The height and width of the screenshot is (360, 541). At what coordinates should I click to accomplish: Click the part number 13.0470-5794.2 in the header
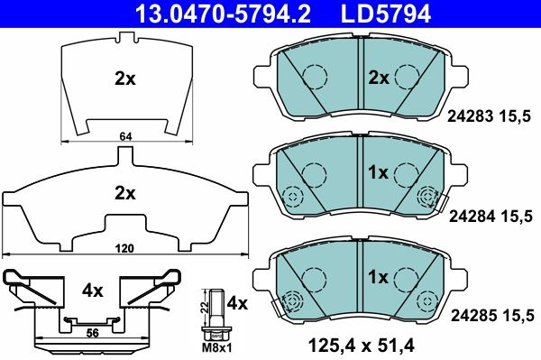click(x=224, y=14)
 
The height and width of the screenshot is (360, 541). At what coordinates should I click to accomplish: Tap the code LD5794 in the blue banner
click(x=386, y=14)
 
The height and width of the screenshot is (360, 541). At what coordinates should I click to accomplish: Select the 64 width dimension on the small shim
click(x=126, y=136)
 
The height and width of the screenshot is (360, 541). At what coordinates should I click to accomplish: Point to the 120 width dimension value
click(x=124, y=248)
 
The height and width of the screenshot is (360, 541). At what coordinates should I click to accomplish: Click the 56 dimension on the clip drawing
click(x=93, y=333)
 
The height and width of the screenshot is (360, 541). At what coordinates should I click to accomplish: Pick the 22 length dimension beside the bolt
click(x=204, y=306)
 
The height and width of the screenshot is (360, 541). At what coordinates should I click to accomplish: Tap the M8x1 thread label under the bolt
click(x=217, y=348)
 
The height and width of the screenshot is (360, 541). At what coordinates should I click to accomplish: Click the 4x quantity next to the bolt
click(x=237, y=304)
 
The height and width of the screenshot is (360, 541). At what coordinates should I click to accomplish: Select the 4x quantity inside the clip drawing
click(x=93, y=291)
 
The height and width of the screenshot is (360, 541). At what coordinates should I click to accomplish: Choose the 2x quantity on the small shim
click(x=125, y=79)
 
